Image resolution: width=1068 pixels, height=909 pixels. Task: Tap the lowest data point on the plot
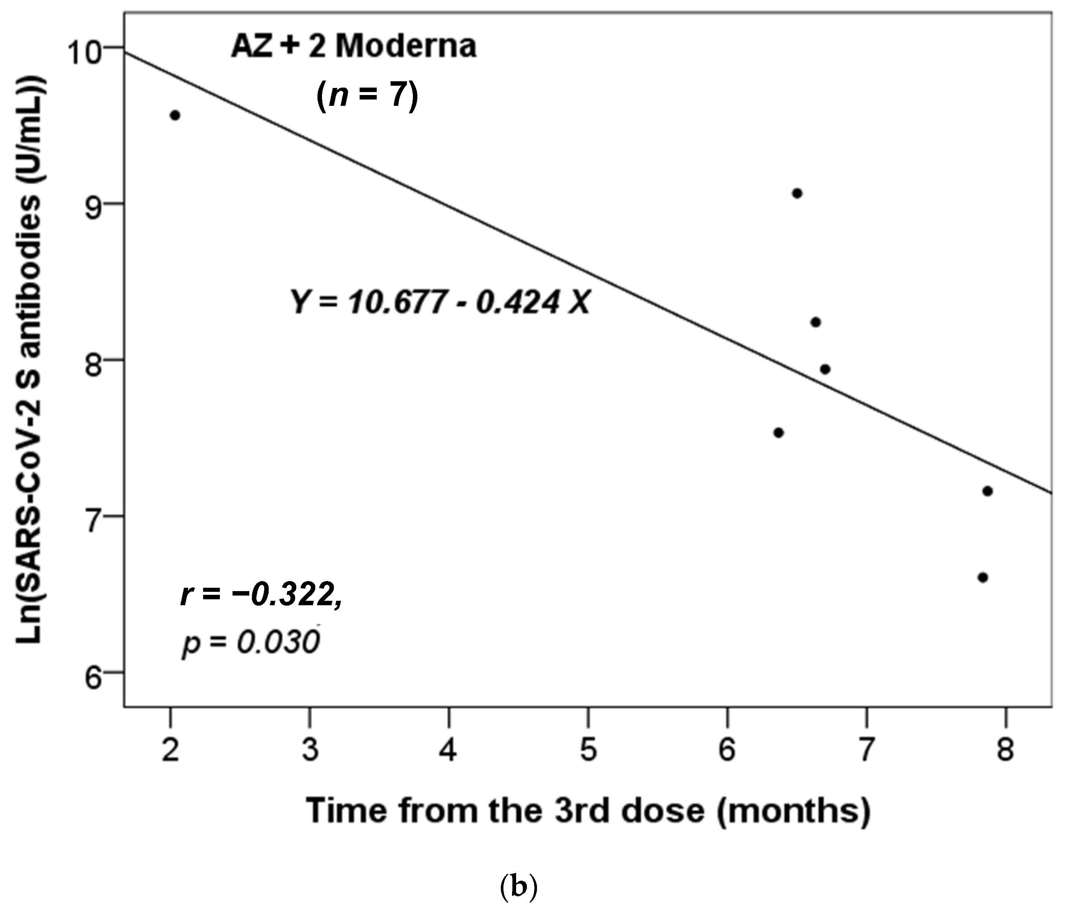coord(982,578)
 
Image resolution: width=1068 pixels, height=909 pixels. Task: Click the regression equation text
coord(440,302)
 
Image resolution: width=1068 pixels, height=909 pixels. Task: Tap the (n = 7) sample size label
coord(367,95)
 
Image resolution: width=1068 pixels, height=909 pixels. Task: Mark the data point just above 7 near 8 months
coord(987,491)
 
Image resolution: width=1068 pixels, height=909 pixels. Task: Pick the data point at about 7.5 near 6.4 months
coord(778,433)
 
